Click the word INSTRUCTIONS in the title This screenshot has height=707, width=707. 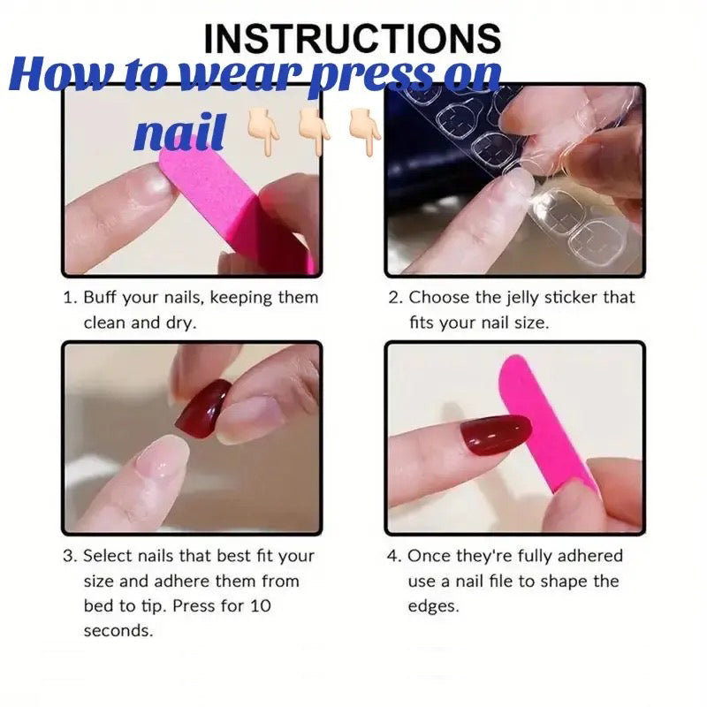(352, 38)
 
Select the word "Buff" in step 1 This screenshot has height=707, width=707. (100, 298)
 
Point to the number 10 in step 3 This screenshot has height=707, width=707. (260, 605)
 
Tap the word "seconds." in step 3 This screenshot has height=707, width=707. (118, 630)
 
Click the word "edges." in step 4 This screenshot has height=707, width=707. (433, 606)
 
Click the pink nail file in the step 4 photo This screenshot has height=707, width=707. (545, 424)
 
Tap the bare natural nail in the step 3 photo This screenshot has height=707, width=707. (162, 460)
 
